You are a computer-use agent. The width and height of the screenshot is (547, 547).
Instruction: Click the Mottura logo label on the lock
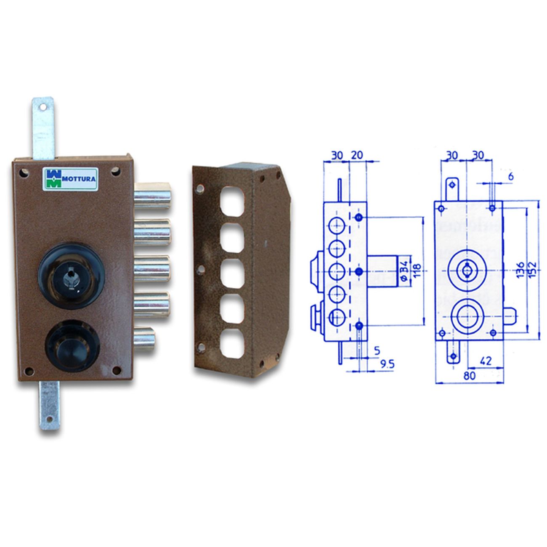(70, 178)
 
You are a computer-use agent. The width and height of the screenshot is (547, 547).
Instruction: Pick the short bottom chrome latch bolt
(145, 336)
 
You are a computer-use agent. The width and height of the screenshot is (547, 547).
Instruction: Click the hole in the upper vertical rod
(43, 107)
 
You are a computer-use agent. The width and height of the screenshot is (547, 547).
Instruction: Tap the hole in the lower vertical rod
(50, 419)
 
